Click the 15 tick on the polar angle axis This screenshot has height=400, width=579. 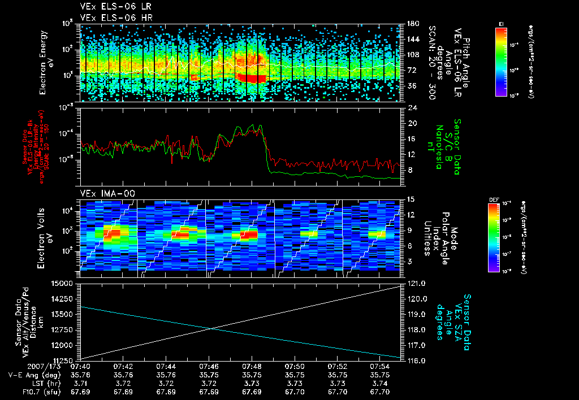click(x=411, y=199)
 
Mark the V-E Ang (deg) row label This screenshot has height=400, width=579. click(x=34, y=375)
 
